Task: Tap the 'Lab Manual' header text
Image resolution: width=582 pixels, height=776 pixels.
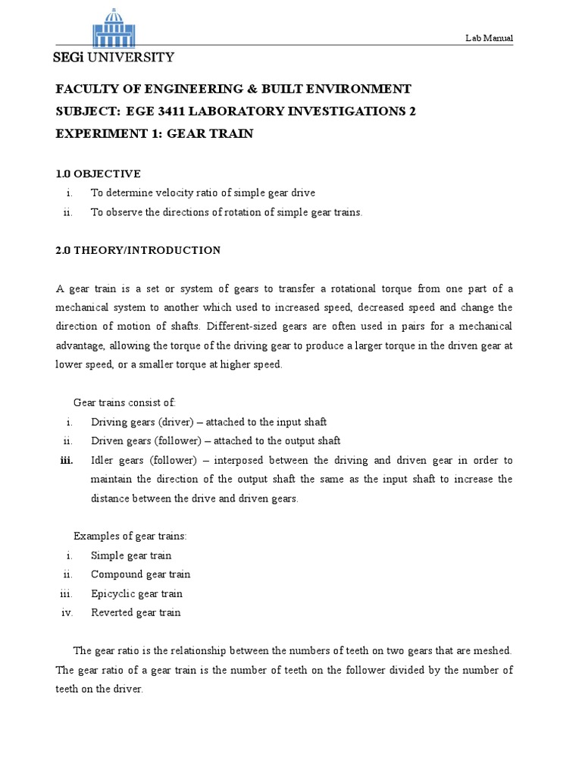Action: click(x=490, y=38)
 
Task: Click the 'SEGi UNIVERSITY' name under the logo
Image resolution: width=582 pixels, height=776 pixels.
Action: click(x=112, y=58)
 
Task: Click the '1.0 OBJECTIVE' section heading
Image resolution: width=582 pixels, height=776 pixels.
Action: click(x=98, y=174)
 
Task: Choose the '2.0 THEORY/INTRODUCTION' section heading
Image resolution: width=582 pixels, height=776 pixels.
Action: click(x=138, y=250)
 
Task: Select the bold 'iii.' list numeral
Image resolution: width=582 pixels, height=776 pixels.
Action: click(x=65, y=460)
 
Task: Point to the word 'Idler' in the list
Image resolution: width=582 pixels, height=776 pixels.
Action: click(x=102, y=460)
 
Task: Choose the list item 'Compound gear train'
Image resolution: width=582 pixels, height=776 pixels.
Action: click(x=140, y=574)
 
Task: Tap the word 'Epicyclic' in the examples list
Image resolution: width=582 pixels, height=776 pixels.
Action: click(x=111, y=593)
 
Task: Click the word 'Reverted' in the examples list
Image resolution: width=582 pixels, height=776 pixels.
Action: click(x=111, y=612)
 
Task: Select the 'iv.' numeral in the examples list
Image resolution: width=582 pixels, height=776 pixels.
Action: click(x=66, y=612)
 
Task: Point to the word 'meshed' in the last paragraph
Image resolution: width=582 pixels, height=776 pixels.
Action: click(x=496, y=651)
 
